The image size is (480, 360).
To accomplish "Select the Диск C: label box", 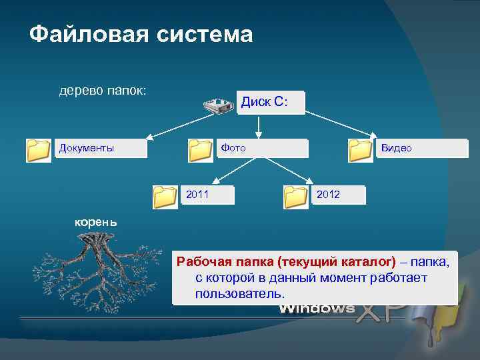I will [x=270, y=103].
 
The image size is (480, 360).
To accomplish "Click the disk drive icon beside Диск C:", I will [x=217, y=104].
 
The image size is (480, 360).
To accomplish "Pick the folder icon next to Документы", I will [x=39, y=151].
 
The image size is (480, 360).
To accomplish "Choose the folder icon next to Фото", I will [x=201, y=151].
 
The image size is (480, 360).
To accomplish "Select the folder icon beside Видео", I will [x=361, y=151].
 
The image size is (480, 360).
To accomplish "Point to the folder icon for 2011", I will [x=165, y=197].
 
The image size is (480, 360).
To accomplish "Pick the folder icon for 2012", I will [x=295, y=197].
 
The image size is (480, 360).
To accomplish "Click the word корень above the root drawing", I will [x=95, y=223].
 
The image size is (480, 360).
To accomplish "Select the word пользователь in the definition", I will [x=239, y=293].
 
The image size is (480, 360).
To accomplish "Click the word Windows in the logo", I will [x=317, y=309].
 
